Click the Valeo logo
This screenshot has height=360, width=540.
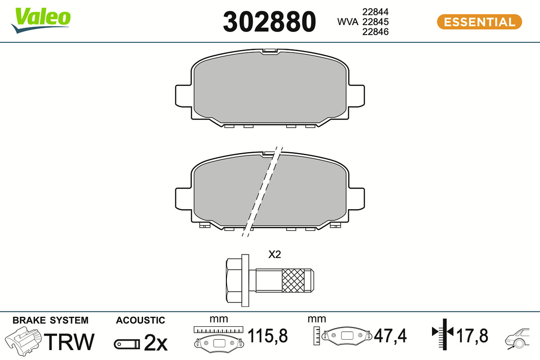point(41,20)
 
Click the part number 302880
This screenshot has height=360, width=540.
point(269,22)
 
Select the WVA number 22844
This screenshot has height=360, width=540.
point(375,12)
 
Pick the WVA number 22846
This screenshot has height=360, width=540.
point(375,31)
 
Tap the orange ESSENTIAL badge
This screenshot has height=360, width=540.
point(480,22)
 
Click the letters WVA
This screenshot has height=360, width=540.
point(347,22)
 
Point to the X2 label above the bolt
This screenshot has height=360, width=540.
point(274,254)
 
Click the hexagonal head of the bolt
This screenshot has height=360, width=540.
point(234,280)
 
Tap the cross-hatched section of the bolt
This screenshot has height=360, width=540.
point(293,280)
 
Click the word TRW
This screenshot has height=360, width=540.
point(69,342)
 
